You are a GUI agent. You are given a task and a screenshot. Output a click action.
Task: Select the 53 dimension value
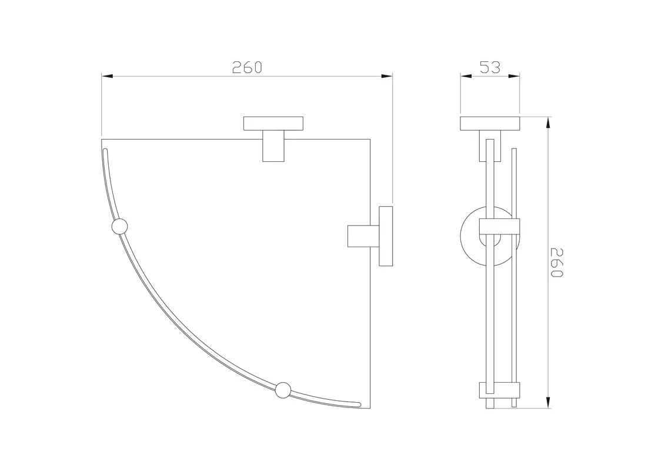coord(490,68)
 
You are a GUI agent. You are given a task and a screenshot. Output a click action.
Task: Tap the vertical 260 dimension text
coord(556,263)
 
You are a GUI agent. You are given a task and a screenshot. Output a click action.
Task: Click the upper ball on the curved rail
coord(119,226)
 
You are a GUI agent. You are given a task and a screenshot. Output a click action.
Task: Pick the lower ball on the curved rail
coord(283,390)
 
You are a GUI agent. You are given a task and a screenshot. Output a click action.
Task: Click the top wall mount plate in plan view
coord(273,123)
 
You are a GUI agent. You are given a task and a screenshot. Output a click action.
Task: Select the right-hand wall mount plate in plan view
coord(386,236)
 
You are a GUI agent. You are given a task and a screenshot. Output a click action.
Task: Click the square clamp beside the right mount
coord(363,236)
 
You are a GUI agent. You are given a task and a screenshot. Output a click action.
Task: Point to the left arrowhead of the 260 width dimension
coord(107,77)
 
